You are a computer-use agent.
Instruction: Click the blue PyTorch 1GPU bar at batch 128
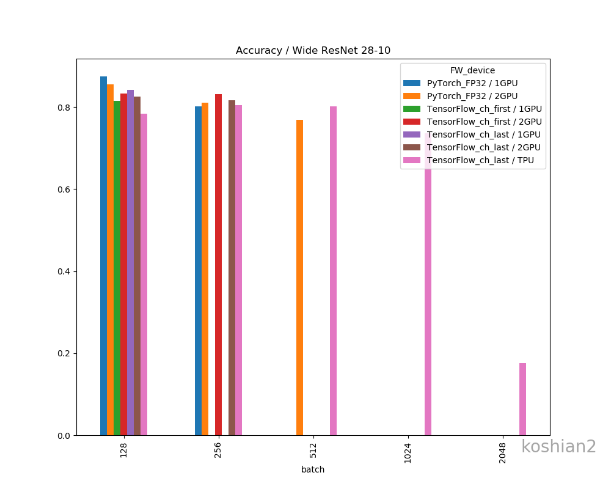click(x=103, y=257)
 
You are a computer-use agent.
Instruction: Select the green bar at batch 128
click(x=117, y=269)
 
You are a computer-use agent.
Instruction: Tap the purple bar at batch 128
click(x=130, y=263)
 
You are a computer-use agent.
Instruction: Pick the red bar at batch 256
click(x=218, y=265)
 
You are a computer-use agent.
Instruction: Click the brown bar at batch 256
click(x=232, y=269)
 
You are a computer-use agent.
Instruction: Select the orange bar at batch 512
click(x=299, y=278)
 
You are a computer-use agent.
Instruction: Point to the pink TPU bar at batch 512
click(x=333, y=271)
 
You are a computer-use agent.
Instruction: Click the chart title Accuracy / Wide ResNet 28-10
click(x=313, y=51)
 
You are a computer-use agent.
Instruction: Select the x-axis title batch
click(x=313, y=469)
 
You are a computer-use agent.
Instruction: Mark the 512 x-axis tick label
click(x=313, y=451)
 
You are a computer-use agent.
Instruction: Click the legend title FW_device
click(x=472, y=70)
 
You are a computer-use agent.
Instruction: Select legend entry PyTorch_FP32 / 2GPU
click(x=472, y=96)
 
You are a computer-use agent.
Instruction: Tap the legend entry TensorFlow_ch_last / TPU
click(x=480, y=160)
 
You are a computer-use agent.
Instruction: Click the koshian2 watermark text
click(x=558, y=447)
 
